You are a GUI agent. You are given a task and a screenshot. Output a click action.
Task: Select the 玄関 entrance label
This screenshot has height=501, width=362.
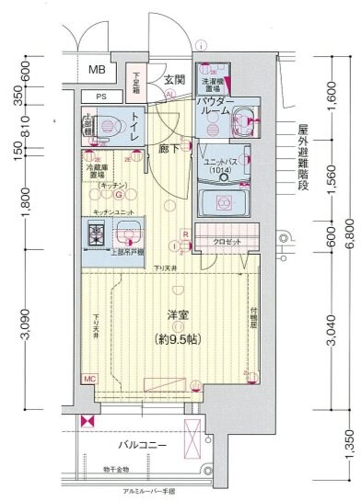pyautogui.click(x=175, y=80)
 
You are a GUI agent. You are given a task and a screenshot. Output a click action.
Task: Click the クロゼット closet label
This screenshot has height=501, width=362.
pyautogui.click(x=226, y=241)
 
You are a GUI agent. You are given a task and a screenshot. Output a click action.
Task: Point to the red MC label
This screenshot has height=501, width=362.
pyautogui.click(x=90, y=378)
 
